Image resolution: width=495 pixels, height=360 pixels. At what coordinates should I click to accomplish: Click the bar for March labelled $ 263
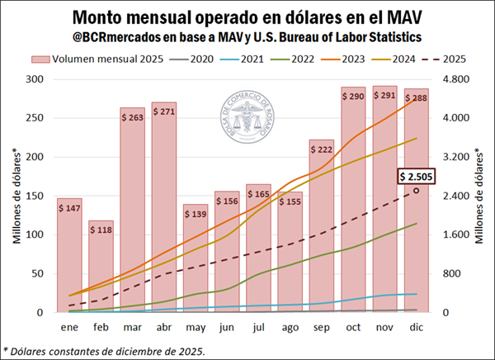tap(134, 215)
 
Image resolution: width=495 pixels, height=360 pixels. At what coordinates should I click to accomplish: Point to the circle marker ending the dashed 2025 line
tap(417, 191)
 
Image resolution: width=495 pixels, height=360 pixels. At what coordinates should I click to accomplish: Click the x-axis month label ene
tap(69, 327)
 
